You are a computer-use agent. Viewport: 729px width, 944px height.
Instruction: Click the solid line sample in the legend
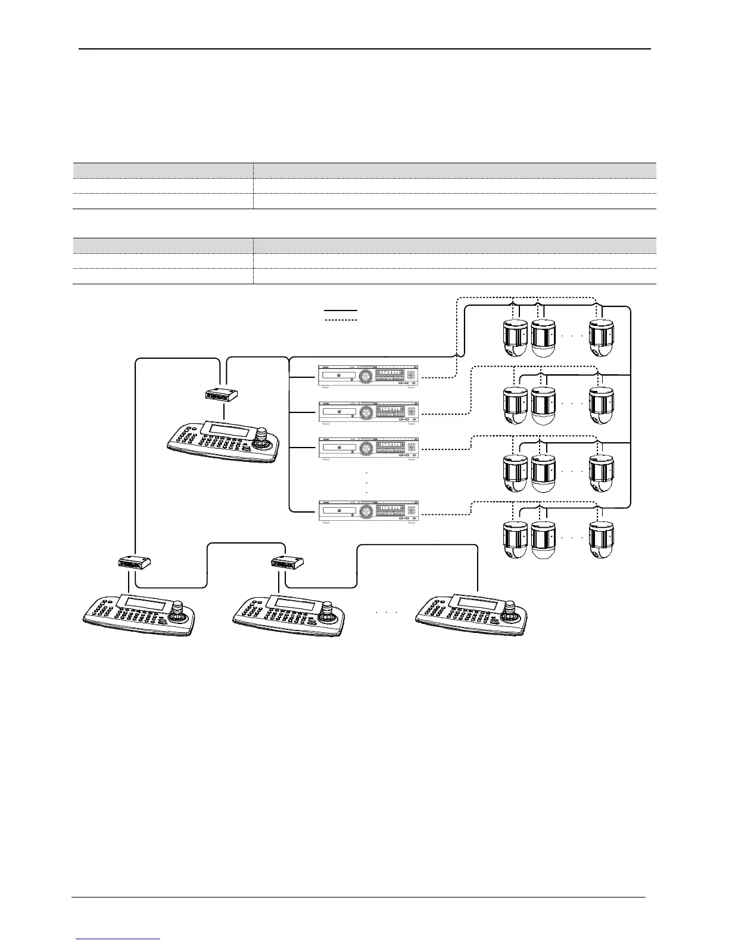340,310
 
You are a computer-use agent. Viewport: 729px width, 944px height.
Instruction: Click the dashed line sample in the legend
340,321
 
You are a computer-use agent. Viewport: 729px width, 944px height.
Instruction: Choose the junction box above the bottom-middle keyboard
288,561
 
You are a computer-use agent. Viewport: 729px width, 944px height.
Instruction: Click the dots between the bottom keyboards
387,612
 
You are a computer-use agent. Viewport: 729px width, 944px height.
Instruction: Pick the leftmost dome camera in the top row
515,338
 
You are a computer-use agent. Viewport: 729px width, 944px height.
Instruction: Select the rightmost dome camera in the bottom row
601,540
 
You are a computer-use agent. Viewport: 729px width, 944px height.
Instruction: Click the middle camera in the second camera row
543,405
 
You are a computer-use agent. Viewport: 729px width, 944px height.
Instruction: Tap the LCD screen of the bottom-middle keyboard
294,604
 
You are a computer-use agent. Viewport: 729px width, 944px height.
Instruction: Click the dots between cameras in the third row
572,471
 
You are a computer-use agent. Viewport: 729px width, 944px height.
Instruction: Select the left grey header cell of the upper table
163,170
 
